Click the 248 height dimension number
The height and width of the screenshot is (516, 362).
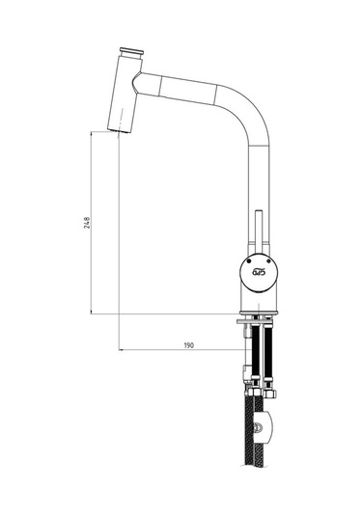(87, 223)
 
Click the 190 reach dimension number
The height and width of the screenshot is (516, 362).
(189, 345)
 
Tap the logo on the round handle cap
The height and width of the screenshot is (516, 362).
(259, 272)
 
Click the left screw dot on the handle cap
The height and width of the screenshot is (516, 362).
(248, 261)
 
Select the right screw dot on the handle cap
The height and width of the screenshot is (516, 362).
(268, 261)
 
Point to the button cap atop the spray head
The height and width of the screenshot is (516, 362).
(131, 51)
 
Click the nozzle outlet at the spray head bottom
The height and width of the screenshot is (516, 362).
(119, 131)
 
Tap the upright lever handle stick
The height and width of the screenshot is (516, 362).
(259, 231)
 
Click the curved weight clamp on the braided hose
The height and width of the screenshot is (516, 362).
(265, 427)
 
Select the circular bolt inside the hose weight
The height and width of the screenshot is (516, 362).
(259, 428)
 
